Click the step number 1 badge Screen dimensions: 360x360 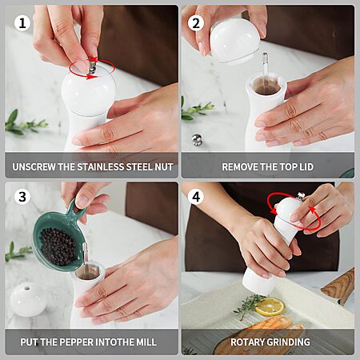[x=22, y=23]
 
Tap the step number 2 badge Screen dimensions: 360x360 [x=196, y=23]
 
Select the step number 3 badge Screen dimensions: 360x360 [x=22, y=197]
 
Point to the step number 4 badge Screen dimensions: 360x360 [x=196, y=197]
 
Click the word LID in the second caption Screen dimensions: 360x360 [x=306, y=167]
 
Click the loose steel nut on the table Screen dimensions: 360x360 [x=197, y=140]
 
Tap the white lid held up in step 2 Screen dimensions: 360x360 [x=234, y=42]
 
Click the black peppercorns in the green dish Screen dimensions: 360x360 [x=58, y=246]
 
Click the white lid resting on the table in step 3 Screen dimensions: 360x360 [x=28, y=299]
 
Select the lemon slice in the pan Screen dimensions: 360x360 [x=270, y=306]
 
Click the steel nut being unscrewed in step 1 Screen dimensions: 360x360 [x=92, y=66]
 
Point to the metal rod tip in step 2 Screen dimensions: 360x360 [x=265, y=56]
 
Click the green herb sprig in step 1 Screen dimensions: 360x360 [x=26, y=124]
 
